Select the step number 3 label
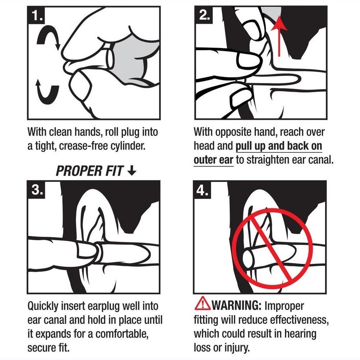tap(37, 189)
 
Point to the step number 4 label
tap(202, 190)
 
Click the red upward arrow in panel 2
tap(279, 35)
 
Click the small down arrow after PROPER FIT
tap(132, 171)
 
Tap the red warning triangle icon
tap(202, 303)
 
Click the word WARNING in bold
tap(236, 306)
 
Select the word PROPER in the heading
tap(79, 171)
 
